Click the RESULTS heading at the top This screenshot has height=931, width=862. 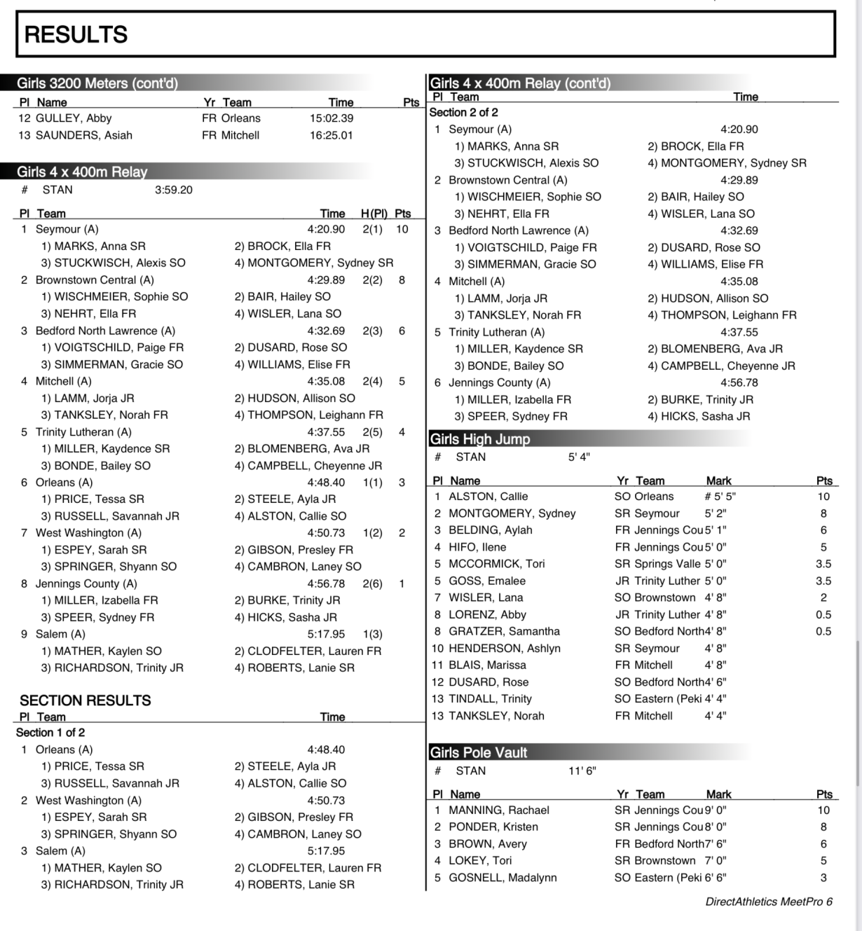76,34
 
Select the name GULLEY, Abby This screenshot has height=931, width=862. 74,118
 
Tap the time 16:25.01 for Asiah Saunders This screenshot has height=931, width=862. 331,135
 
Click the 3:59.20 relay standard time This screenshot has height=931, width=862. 173,190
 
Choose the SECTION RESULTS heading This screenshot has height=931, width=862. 85,701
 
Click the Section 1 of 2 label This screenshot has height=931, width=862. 50,733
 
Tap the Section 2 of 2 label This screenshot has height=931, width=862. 463,113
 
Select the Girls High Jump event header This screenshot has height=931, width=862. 480,439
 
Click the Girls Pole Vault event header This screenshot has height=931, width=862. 479,752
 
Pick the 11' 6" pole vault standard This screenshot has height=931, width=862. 582,771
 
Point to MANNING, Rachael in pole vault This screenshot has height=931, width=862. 499,811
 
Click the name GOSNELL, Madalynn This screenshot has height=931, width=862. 502,878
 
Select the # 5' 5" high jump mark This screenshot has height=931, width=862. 720,497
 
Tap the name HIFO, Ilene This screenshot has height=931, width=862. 477,547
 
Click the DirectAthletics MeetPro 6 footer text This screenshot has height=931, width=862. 769,902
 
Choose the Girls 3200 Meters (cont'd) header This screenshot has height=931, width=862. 97,83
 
